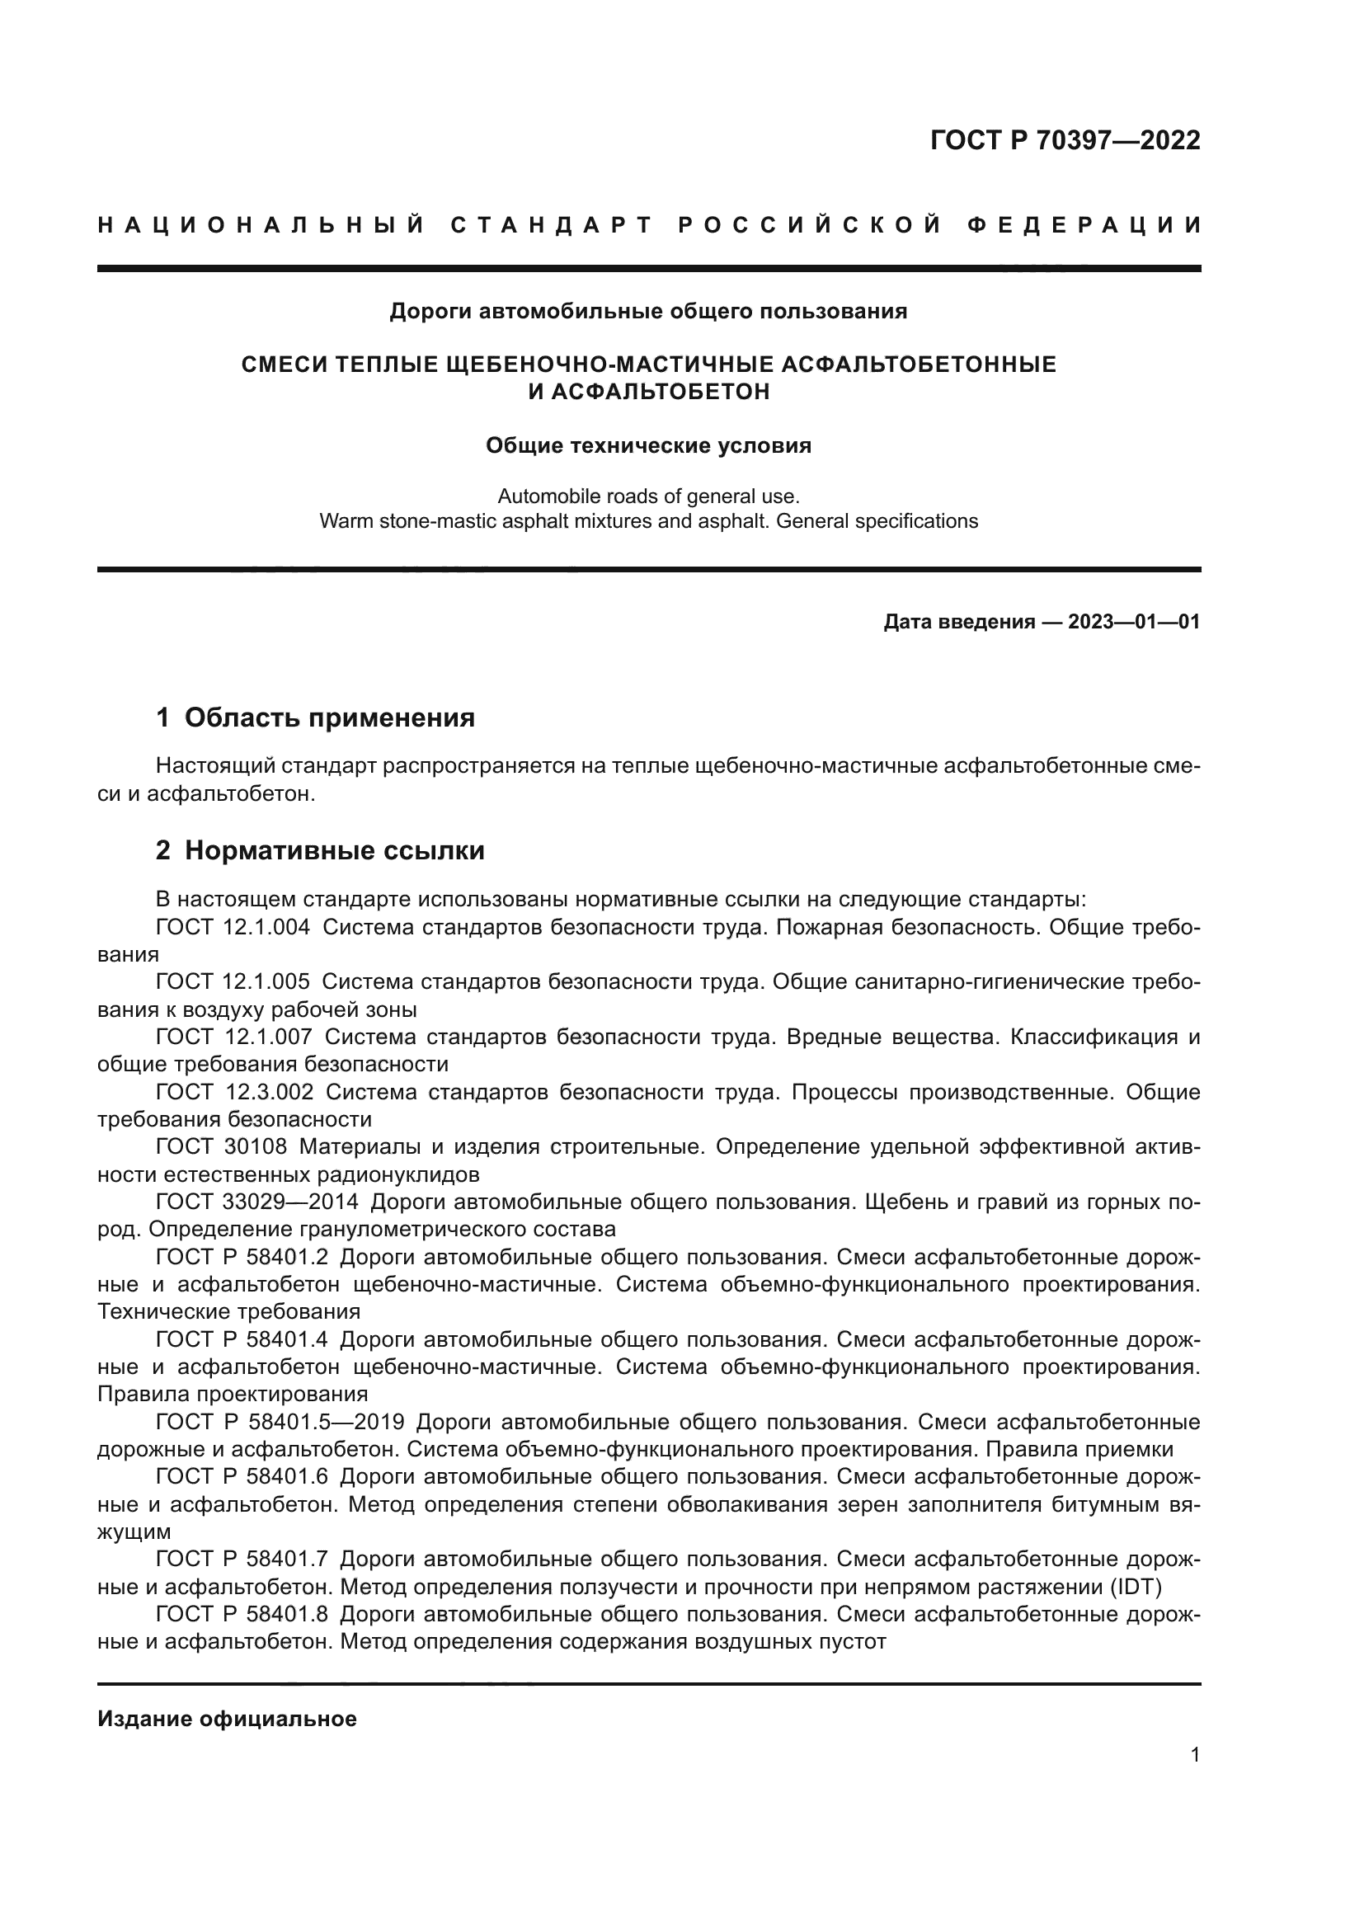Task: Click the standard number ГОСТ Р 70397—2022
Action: point(1065,140)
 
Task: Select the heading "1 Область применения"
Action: point(315,717)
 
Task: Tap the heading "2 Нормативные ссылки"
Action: point(320,851)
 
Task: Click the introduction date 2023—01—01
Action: point(1134,623)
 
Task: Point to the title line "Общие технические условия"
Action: point(648,445)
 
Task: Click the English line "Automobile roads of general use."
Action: point(648,496)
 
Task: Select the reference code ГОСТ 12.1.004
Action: point(233,928)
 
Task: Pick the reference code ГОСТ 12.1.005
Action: point(233,982)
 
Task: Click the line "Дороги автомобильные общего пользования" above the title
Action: point(648,312)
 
